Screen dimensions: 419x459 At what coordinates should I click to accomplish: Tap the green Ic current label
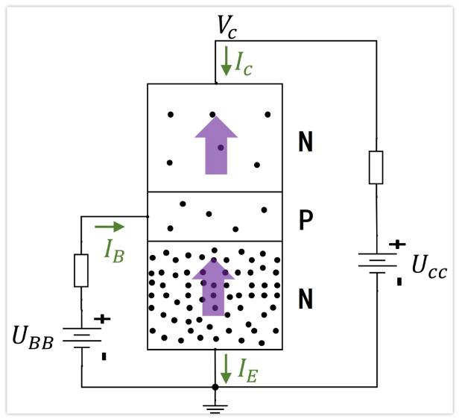point(244,65)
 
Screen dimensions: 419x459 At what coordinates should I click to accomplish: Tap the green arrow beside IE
point(226,365)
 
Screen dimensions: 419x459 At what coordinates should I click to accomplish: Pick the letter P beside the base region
point(305,221)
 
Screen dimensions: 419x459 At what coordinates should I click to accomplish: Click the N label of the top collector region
point(305,142)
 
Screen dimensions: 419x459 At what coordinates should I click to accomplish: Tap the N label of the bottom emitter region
point(305,300)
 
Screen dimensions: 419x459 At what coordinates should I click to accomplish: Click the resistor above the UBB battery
point(81,270)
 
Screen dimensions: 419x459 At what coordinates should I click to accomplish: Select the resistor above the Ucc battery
point(376,168)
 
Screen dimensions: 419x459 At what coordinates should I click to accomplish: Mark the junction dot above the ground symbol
point(215,387)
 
